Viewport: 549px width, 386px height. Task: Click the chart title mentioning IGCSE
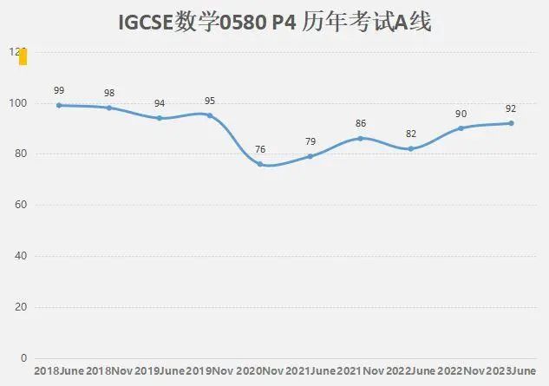click(274, 23)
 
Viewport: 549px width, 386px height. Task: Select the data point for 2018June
click(59, 105)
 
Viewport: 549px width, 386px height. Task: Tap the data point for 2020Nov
click(260, 164)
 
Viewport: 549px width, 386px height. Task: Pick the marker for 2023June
click(512, 123)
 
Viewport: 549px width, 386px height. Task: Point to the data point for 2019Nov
click(210, 115)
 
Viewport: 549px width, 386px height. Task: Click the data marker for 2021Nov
click(361, 138)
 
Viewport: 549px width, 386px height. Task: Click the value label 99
click(59, 90)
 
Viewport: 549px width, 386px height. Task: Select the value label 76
click(260, 149)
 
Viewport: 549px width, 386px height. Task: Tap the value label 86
click(361, 124)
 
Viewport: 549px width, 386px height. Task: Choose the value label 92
click(512, 108)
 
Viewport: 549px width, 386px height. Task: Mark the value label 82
click(411, 134)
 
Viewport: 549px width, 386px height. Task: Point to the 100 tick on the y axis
click(18, 103)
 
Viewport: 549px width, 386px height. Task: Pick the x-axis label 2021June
click(310, 371)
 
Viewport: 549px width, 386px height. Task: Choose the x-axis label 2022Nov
click(461, 371)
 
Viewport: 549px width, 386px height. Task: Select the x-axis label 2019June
click(160, 371)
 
